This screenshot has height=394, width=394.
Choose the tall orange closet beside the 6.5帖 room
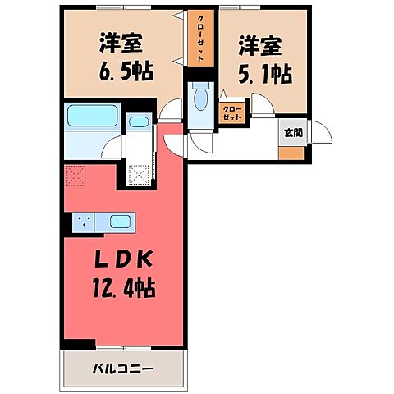[199, 38]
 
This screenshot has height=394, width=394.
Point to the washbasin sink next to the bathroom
[140, 124]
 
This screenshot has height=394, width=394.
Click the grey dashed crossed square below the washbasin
[139, 173]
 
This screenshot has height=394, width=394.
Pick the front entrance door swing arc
[318, 131]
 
